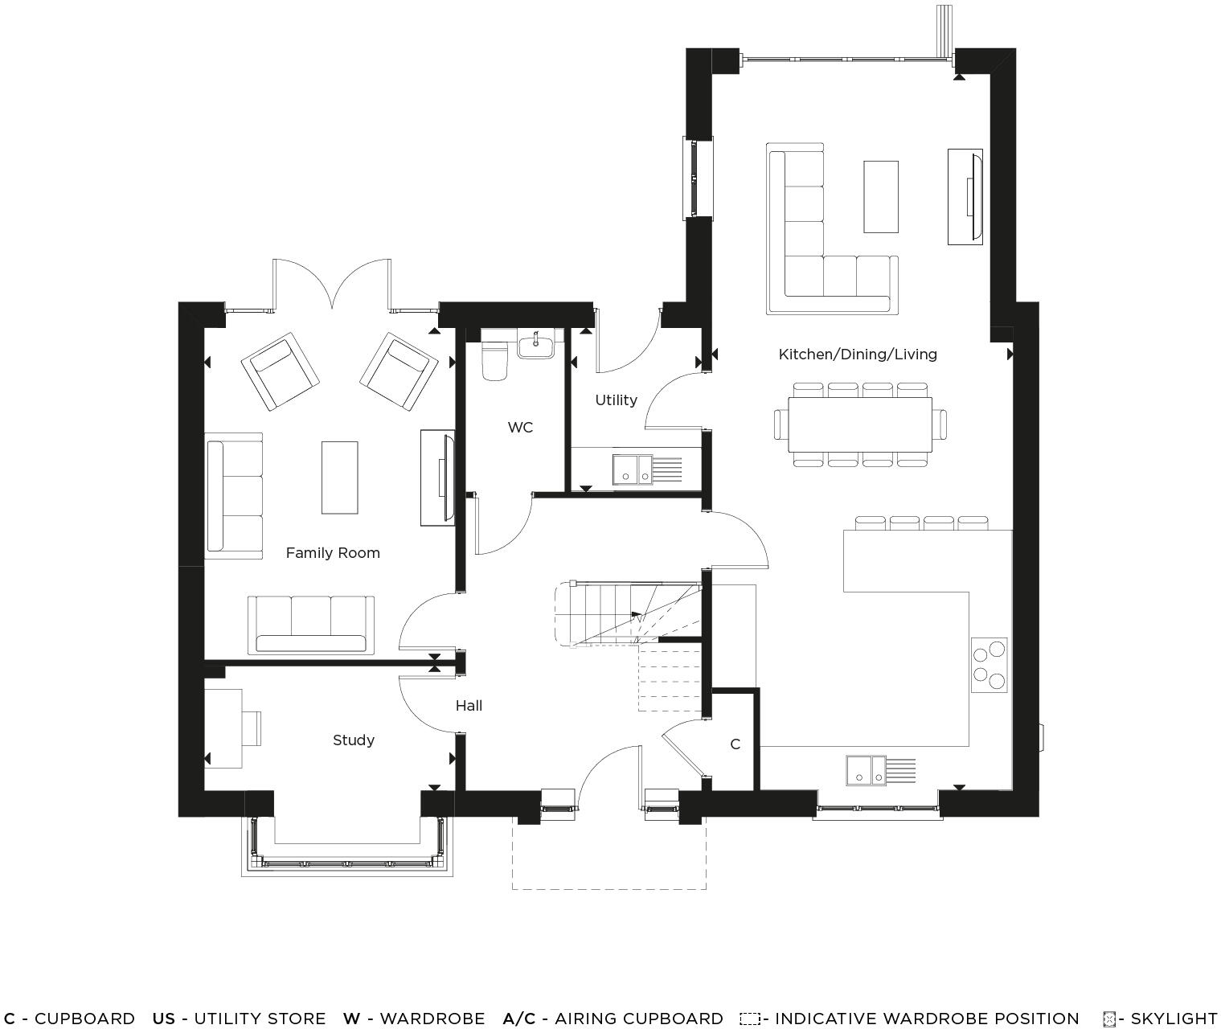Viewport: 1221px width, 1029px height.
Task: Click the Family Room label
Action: [x=333, y=552]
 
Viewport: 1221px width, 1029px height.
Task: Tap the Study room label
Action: [x=354, y=740]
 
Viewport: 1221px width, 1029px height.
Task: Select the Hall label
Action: [x=469, y=705]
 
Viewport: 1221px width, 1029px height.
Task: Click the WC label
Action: [x=520, y=427]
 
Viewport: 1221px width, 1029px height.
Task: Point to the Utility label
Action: [x=616, y=400]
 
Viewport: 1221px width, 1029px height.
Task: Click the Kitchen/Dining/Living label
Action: [x=858, y=354]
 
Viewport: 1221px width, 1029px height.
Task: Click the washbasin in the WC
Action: [x=535, y=346]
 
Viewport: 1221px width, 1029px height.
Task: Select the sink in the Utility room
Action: [x=633, y=470]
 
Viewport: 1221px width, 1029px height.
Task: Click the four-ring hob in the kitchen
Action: [x=989, y=664]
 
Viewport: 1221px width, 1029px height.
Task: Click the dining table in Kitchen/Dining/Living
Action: [x=860, y=424]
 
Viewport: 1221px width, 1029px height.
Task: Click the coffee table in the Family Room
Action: [x=339, y=477]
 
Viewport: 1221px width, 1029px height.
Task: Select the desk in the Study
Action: [x=223, y=728]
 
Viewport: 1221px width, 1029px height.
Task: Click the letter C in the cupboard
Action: [x=735, y=744]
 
